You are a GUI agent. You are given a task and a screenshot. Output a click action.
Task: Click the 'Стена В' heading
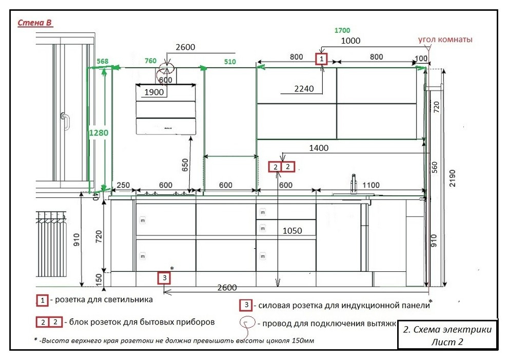coord(35,23)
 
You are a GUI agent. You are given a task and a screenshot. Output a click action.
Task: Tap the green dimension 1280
coord(99,133)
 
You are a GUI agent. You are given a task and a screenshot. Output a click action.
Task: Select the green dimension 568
coord(103,61)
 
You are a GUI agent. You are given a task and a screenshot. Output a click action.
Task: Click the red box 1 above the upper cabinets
coord(321,59)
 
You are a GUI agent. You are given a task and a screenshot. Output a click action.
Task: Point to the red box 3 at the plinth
coord(164,278)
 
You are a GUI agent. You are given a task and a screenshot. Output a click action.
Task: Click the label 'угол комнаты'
coord(445,39)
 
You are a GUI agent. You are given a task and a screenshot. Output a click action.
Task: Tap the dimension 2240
coord(304,89)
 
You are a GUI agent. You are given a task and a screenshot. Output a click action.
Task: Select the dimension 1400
coord(319,148)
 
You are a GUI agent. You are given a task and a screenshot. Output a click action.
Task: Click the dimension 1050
coord(292,231)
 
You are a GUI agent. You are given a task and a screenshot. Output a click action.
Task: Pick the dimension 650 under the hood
coord(185,165)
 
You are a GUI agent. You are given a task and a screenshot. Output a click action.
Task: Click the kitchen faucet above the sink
coord(354,184)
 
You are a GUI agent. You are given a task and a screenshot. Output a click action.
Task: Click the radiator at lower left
coord(51,244)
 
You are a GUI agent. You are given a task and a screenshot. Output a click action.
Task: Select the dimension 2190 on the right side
coord(452,178)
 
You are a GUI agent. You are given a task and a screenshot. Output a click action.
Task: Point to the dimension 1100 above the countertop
coord(370,185)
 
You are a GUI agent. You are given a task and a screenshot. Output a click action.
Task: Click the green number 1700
coord(342,30)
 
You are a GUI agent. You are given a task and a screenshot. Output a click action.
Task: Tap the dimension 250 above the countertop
coord(123,185)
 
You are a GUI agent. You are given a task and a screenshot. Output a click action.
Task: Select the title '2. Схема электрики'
coord(447,330)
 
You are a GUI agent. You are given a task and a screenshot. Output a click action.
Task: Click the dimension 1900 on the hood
coord(154,92)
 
